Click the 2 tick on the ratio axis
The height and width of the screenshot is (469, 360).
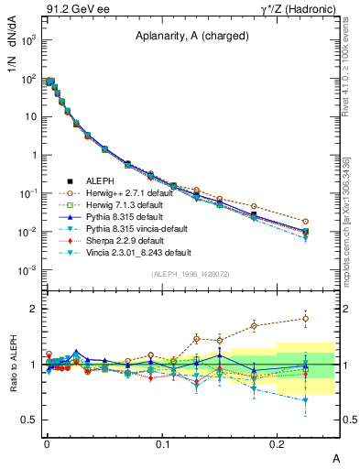pyautogui.click(x=31, y=309)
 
